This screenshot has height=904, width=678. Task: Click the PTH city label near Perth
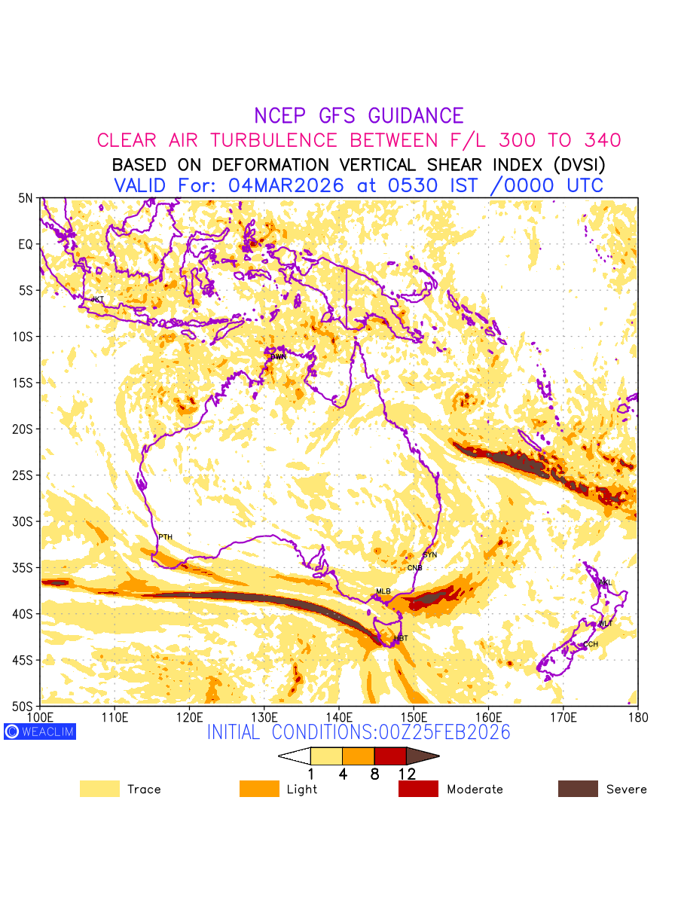click(165, 537)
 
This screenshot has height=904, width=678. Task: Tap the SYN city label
click(429, 555)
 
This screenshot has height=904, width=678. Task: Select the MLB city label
click(383, 591)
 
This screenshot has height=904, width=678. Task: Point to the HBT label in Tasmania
click(401, 639)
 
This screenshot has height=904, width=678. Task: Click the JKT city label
click(97, 300)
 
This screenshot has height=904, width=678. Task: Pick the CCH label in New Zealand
click(591, 645)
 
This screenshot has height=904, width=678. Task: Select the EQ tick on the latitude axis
click(26, 245)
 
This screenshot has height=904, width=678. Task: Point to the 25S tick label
click(25, 475)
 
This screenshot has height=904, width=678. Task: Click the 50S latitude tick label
click(25, 707)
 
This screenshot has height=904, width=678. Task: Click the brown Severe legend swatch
click(578, 789)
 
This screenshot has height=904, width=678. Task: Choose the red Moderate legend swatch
click(418, 789)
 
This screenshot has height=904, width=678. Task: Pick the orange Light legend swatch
click(259, 789)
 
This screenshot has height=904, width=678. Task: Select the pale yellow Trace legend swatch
click(99, 789)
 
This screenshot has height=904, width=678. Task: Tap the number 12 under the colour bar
click(407, 774)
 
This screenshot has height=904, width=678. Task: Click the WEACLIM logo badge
click(40, 731)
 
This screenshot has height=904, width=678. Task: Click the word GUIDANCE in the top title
click(416, 116)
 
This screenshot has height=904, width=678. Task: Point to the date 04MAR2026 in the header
click(290, 185)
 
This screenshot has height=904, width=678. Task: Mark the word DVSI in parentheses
click(572, 164)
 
